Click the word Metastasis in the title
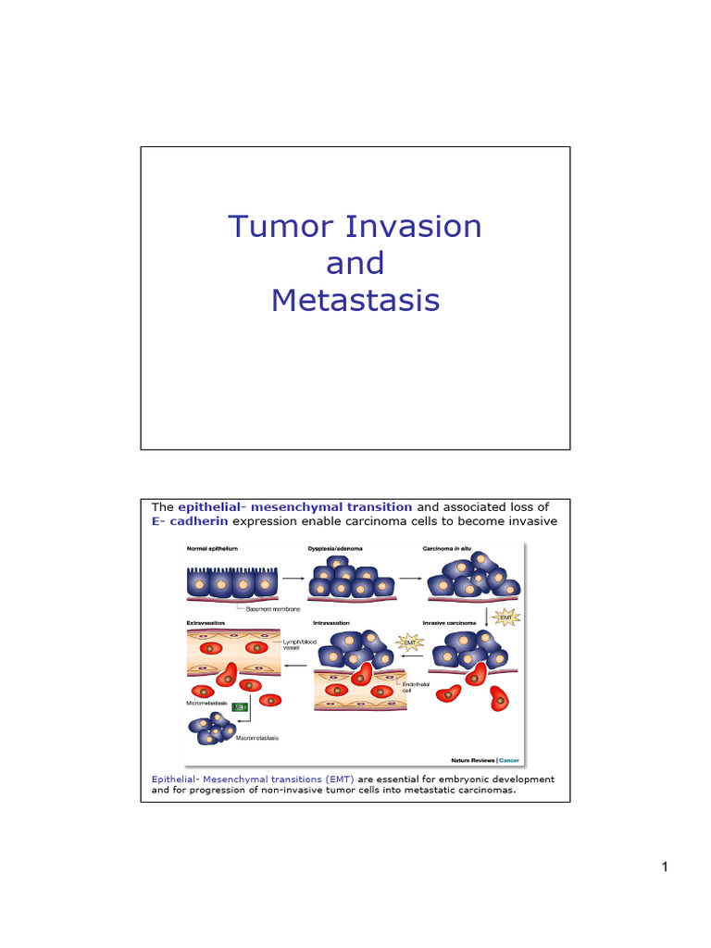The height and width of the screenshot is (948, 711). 355,301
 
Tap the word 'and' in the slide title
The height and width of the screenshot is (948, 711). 355,264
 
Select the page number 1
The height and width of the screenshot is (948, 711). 665,867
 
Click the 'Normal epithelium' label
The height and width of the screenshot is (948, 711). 212,549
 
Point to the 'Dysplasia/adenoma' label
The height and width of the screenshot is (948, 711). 335,549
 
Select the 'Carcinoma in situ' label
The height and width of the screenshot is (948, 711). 448,549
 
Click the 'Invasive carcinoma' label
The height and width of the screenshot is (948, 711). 450,623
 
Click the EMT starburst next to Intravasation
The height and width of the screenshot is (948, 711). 409,640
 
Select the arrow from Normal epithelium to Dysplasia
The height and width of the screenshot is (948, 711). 294,579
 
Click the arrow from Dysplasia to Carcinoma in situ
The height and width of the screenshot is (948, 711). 410,579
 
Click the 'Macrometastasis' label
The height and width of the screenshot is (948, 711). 257,738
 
